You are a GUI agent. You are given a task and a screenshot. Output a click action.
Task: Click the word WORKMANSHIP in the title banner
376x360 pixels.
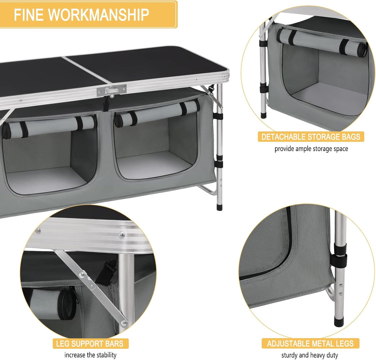point(99,15)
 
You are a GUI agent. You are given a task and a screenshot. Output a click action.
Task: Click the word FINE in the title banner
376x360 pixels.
point(28,15)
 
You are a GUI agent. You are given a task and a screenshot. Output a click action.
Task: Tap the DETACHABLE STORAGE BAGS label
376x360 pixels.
point(311,137)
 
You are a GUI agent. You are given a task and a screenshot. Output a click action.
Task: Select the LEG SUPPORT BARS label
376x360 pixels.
point(90,344)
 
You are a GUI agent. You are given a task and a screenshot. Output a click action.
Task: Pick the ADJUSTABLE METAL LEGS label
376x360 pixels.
point(310,344)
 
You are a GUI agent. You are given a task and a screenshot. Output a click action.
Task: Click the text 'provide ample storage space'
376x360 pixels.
point(311,149)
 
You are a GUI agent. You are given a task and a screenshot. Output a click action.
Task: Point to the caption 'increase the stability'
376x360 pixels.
point(90,355)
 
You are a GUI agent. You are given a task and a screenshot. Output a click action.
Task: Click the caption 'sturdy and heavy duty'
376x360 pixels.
point(310,355)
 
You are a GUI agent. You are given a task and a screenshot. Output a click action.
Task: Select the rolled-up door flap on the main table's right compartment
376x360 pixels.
point(157,114)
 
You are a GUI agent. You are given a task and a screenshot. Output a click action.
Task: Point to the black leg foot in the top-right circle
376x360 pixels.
point(264,114)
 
